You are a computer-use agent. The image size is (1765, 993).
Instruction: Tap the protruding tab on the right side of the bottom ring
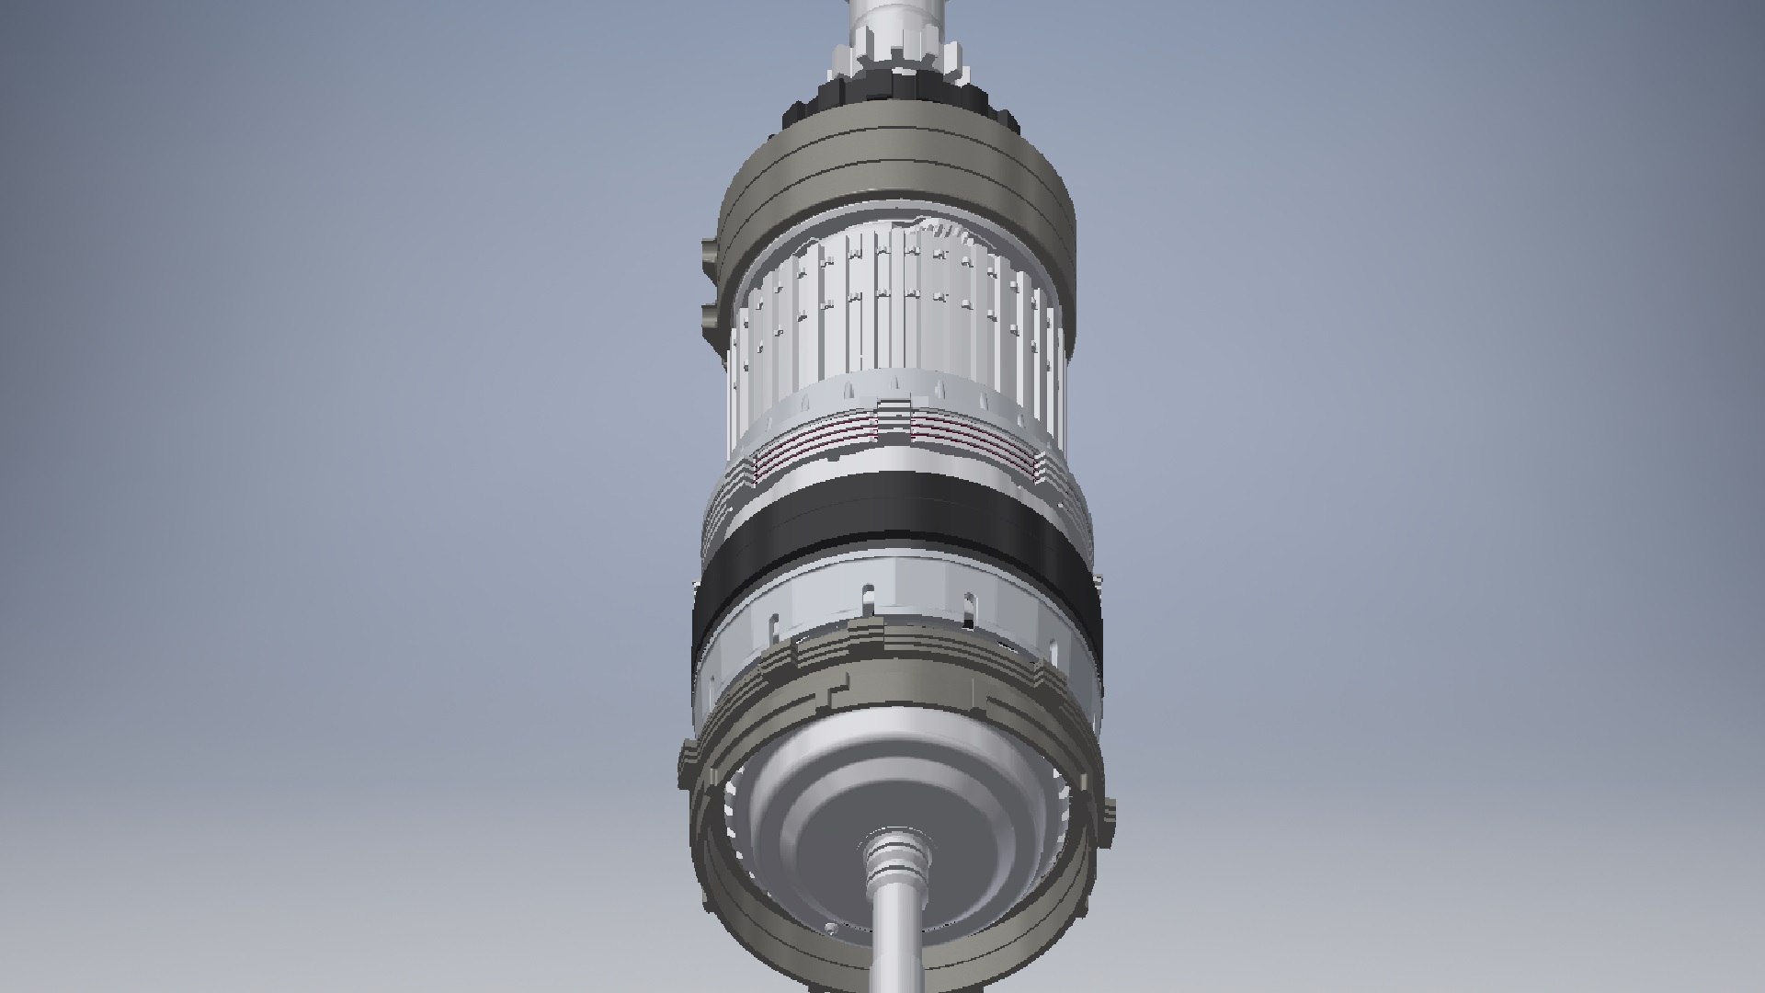1109,809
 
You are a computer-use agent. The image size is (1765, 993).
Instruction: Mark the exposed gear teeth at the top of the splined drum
942,230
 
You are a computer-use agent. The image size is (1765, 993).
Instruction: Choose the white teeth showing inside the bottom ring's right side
1057,800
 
